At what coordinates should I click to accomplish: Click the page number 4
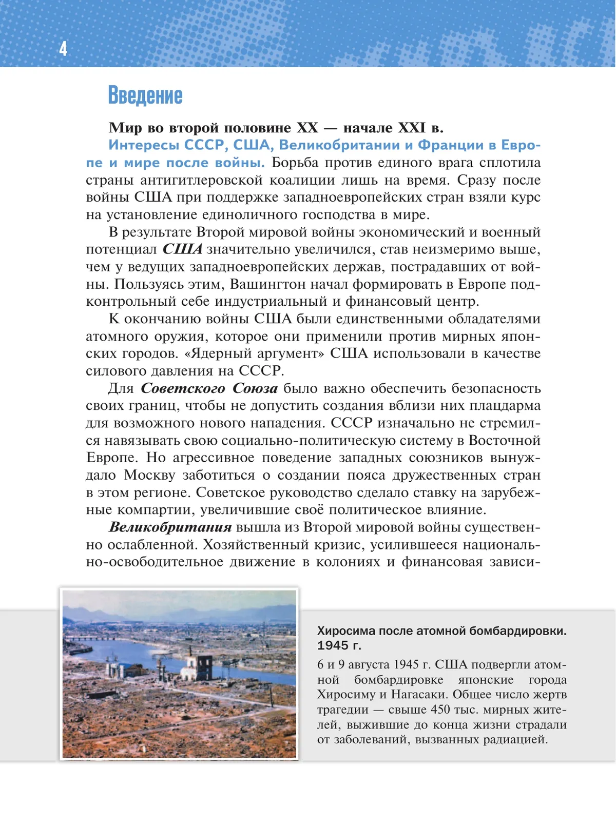pos(63,49)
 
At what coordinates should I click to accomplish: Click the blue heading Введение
pos(145,96)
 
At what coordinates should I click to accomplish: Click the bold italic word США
pos(183,249)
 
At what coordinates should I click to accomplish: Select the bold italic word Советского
pos(183,388)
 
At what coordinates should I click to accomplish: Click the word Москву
pos(149,475)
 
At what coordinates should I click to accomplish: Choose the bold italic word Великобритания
pos(170,527)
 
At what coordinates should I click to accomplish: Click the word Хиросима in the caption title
pos(347,631)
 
